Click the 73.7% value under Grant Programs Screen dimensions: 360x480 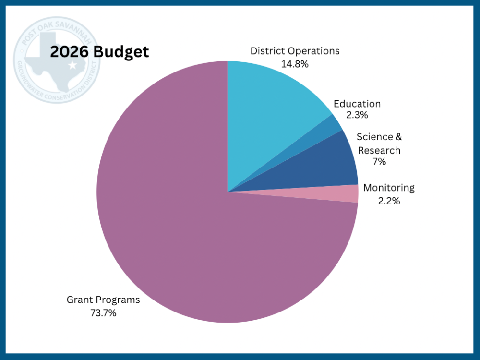coord(103,313)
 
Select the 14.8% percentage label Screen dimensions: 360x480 coord(294,64)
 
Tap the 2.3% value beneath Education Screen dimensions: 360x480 coord(357,115)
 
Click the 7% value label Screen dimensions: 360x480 coord(379,162)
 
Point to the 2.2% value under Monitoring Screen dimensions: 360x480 coord(389,201)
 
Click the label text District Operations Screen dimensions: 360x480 coord(295,51)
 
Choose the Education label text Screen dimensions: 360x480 coord(357,104)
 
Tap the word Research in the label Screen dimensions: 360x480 coord(379,150)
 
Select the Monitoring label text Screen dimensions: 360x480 coord(389,188)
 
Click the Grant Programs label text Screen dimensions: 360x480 coord(103,300)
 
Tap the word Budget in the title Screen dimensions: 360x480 coord(121,52)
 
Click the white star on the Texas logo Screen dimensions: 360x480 coord(72,65)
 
